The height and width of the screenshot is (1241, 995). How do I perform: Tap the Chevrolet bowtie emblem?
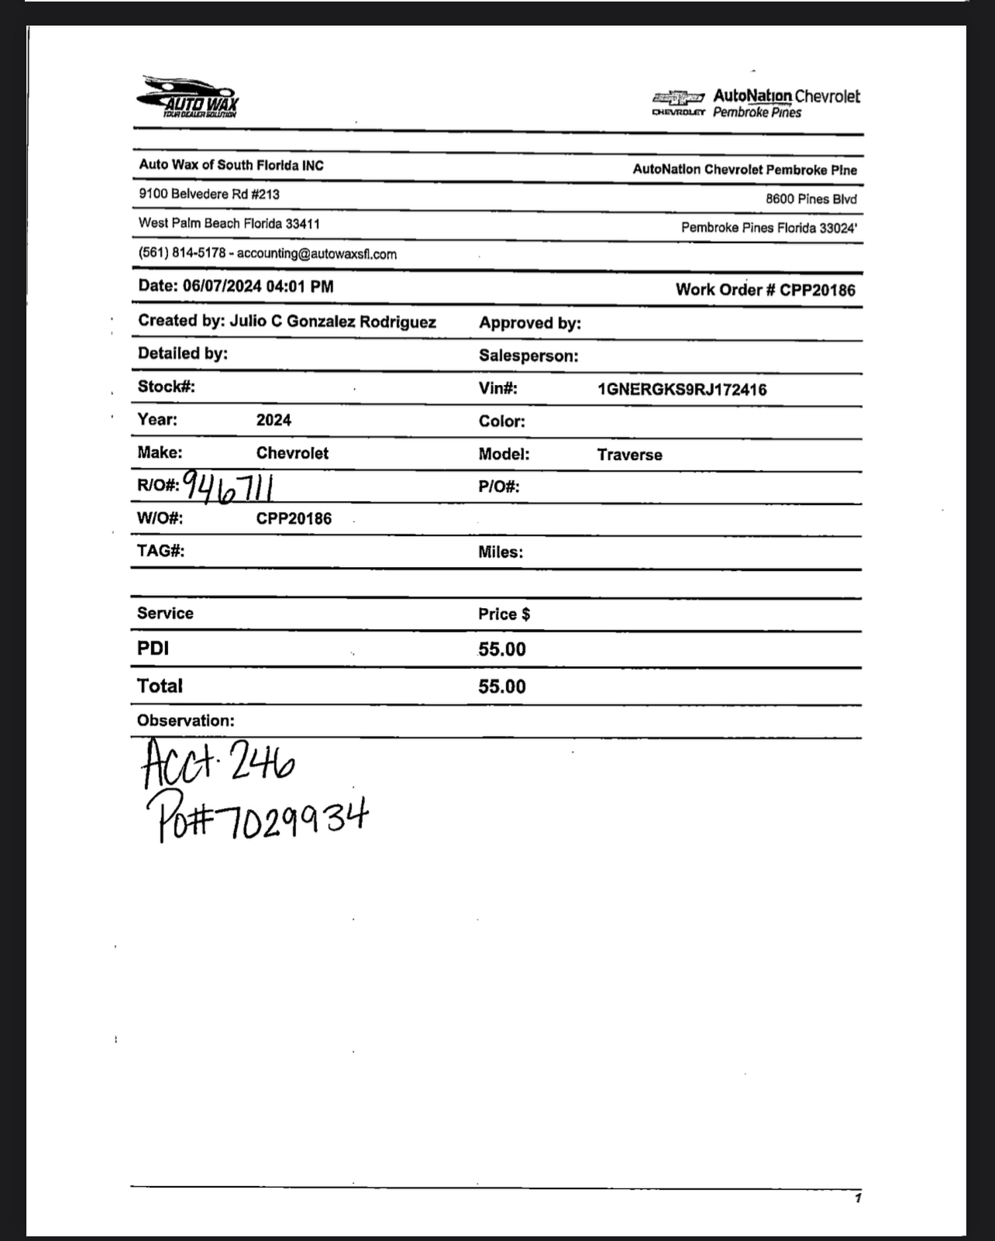[x=678, y=98]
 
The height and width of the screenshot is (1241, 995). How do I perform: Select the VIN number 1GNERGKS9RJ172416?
[x=682, y=390]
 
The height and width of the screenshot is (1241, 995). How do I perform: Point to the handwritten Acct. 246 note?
[x=218, y=764]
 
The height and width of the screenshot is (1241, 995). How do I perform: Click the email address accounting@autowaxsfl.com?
[x=316, y=254]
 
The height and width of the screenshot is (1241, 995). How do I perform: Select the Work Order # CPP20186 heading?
[x=765, y=290]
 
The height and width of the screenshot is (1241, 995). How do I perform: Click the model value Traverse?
[x=629, y=455]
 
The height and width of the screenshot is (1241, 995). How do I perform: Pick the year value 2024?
[x=274, y=421]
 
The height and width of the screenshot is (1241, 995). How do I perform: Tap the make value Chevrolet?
[x=292, y=453]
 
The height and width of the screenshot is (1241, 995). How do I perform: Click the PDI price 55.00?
[x=501, y=649]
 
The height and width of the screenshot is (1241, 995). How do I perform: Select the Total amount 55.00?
[x=501, y=687]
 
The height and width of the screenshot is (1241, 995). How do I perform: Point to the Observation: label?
[x=185, y=720]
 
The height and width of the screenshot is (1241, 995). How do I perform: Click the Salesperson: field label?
[x=528, y=356]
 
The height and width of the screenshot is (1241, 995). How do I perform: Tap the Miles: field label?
[x=500, y=552]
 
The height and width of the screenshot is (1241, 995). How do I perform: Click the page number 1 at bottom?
[x=858, y=1198]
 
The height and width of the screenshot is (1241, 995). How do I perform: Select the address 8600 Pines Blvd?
[x=811, y=199]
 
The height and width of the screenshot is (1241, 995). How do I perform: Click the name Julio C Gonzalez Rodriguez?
[x=332, y=321]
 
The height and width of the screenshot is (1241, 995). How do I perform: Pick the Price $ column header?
[x=504, y=614]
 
